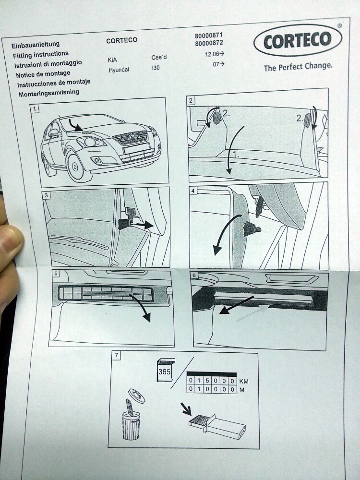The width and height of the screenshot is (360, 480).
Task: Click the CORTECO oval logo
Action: coord(298,40)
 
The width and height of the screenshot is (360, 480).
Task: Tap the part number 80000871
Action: coord(209,36)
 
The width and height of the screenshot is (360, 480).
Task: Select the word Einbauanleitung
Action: coord(36,45)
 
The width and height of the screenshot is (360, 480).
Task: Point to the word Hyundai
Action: coord(119,70)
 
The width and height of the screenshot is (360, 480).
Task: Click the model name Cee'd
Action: coord(159,58)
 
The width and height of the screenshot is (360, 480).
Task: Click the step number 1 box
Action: coord(35,108)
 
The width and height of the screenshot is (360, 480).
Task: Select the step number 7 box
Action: coord(116,355)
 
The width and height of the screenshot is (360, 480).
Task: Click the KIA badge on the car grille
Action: coord(133,136)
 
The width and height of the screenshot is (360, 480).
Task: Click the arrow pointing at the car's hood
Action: coord(75,125)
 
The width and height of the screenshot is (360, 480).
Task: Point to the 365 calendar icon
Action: coord(166,370)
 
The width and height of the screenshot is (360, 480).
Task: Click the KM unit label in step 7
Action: coord(244,382)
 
